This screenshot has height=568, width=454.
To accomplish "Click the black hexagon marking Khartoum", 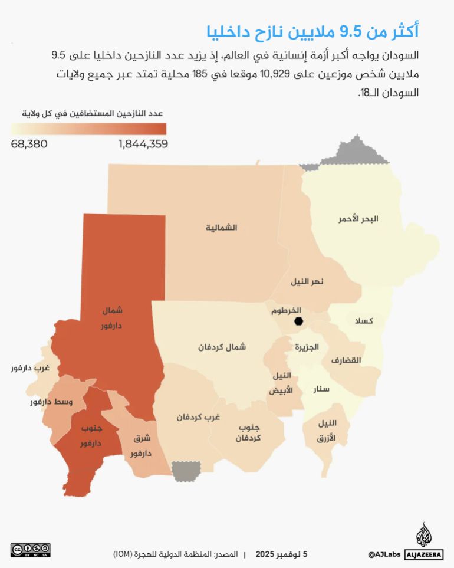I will click(x=298, y=321).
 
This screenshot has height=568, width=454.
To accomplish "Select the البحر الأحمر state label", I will click(x=358, y=219).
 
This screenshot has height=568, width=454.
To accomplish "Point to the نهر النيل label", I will click(x=307, y=281).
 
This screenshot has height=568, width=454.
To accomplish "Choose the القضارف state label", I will click(x=346, y=360).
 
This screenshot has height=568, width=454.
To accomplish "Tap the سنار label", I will click(x=322, y=389).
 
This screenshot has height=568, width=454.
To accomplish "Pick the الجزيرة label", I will click(x=306, y=347).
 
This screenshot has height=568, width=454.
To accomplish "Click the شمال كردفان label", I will click(x=222, y=347).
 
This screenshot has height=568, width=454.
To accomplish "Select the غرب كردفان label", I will click(x=198, y=417).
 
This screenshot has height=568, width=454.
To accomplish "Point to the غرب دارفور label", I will click(x=29, y=368).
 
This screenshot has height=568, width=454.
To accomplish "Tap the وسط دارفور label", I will click(x=51, y=402).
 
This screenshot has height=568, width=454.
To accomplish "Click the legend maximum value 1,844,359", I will click(x=143, y=144).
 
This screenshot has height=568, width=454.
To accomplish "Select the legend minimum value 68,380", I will click(x=29, y=144).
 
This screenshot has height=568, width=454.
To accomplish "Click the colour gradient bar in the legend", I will click(x=88, y=129).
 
